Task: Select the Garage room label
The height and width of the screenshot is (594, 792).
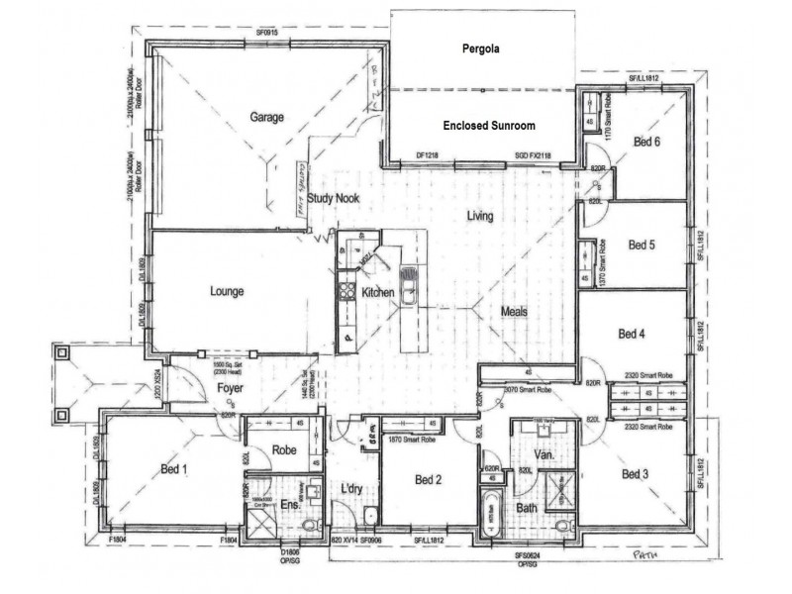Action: point(266,117)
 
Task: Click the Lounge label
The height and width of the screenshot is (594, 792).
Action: point(227,291)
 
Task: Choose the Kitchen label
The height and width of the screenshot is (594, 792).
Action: point(377,293)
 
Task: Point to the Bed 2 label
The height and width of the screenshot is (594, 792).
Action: point(427,481)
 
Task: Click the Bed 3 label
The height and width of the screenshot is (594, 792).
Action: point(635,475)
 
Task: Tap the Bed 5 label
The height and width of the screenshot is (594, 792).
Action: point(642,244)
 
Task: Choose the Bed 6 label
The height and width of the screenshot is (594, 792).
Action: point(646,143)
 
